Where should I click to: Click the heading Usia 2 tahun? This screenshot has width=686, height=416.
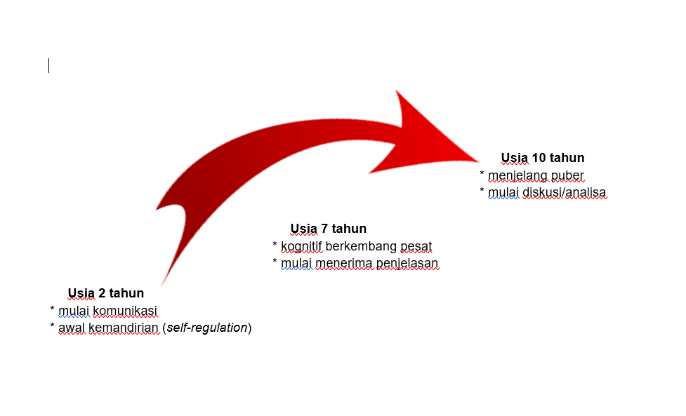click(105, 293)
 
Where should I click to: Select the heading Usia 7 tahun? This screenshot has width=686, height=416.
click(328, 229)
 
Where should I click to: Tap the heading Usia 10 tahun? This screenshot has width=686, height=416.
click(542, 158)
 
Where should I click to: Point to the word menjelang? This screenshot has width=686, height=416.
click(518, 175)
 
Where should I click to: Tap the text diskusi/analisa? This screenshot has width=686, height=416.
click(565, 192)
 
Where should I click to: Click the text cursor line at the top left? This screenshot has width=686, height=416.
click(48, 66)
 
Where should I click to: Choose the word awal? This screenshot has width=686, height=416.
click(71, 328)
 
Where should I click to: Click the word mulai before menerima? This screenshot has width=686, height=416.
click(296, 263)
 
